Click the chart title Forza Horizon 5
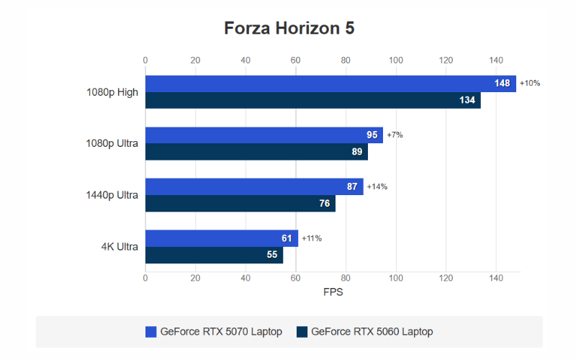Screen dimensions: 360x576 coord(289,28)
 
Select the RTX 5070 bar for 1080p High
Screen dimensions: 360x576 coord(330,84)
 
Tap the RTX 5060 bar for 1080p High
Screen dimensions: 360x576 coord(312,100)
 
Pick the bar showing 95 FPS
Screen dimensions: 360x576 coord(264,135)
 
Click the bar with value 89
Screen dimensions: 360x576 coord(256,151)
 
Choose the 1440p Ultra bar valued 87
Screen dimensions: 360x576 coord(254,186)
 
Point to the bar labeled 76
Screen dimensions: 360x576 coord(240,203)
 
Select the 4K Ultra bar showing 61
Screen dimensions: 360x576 coord(222,238)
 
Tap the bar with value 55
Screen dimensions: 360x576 coord(214,254)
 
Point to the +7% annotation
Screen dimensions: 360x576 coord(395,135)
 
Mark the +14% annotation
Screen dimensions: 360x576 coord(377,186)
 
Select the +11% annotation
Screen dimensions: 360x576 coord(311,238)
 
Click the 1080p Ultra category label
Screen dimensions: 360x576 coord(112,143)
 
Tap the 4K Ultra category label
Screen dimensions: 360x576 coord(120,247)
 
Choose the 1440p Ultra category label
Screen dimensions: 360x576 coord(112,195)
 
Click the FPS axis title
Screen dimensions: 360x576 coord(333,293)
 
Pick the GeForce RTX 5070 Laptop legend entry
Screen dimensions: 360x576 coord(214,332)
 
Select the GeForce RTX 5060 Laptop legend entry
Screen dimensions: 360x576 coord(365,332)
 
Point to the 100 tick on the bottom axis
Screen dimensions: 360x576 coord(395,278)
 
